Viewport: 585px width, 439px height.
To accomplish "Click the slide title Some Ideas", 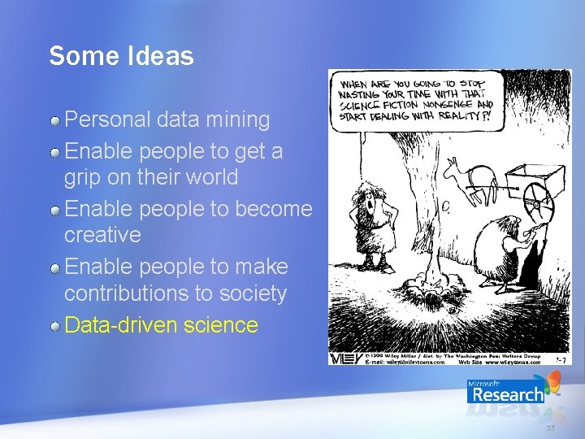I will click(x=121, y=56).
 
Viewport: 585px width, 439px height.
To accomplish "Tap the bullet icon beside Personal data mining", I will click(x=55, y=121).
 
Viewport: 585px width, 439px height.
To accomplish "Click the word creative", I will click(x=102, y=235).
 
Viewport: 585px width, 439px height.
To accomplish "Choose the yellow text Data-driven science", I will click(x=161, y=325).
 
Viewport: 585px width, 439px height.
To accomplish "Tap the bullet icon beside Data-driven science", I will click(x=55, y=327).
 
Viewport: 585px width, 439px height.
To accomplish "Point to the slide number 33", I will click(x=550, y=428).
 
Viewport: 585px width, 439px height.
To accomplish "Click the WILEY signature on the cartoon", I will click(x=340, y=358).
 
